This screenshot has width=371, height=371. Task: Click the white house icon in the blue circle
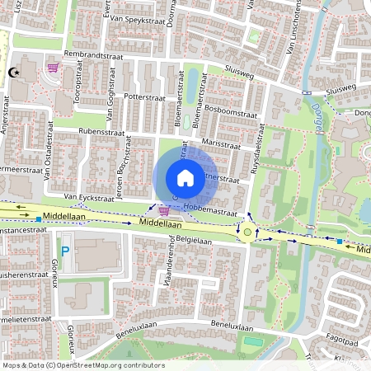tap(185, 178)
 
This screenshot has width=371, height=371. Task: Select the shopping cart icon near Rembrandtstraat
tap(54, 68)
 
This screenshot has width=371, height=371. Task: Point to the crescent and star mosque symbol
tap(12, 73)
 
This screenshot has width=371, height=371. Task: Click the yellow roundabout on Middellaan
tap(247, 232)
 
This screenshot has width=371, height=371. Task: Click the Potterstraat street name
tap(145, 96)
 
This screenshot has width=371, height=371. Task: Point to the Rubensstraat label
tap(101, 131)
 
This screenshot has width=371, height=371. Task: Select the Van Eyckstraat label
tap(87, 199)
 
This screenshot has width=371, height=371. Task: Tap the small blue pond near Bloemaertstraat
tap(192, 85)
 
